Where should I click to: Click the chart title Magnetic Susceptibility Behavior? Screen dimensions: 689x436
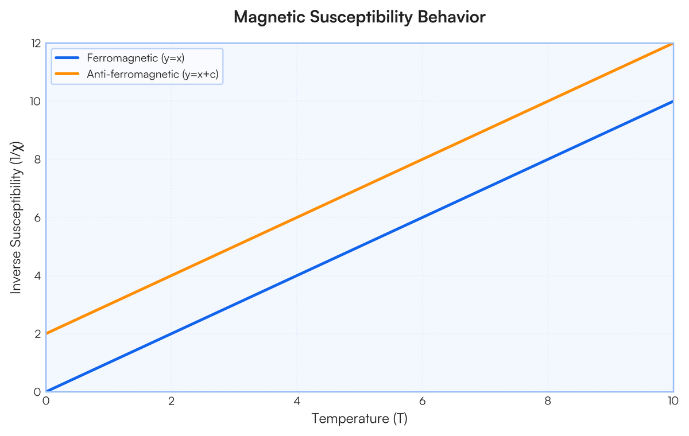point(359,17)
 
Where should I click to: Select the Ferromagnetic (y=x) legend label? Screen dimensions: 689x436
point(136,58)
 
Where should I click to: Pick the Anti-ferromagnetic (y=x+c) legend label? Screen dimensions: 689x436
point(153,74)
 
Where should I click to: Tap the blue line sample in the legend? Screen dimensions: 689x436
point(67,58)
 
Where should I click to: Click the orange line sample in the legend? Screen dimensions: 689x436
point(67,74)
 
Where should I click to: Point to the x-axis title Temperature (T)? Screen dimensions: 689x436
point(359,418)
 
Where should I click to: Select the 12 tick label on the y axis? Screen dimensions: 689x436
point(36,44)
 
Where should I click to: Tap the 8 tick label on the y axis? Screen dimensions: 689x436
point(37,159)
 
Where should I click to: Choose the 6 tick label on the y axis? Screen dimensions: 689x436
point(37,217)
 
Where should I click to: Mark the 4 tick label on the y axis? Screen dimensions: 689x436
point(37,275)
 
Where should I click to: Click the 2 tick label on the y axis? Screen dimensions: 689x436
point(37,334)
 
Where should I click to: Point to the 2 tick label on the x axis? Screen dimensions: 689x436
point(171,401)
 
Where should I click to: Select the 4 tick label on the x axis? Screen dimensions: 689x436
point(297,401)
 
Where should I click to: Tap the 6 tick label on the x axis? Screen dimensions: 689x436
point(423,401)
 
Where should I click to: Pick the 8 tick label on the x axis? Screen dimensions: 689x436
point(548,401)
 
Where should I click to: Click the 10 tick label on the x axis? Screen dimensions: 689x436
point(673,401)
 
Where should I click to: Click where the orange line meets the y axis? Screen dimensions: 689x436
point(46,333)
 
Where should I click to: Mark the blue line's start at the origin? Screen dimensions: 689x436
point(46,391)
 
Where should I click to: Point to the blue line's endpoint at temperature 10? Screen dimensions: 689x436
point(673,102)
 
